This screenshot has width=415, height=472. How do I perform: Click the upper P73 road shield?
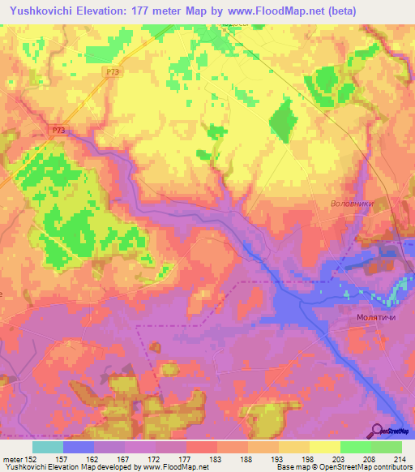click(113, 72)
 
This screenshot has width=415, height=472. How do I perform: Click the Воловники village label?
click(351, 204)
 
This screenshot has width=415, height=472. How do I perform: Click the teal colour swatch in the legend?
click(48, 447)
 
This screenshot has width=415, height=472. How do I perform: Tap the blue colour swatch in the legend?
click(79, 447)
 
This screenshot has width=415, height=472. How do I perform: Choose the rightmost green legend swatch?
click(387, 447)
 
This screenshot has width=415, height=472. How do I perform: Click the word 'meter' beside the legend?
click(12, 458)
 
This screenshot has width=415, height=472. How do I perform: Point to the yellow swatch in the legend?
click(325, 447)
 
